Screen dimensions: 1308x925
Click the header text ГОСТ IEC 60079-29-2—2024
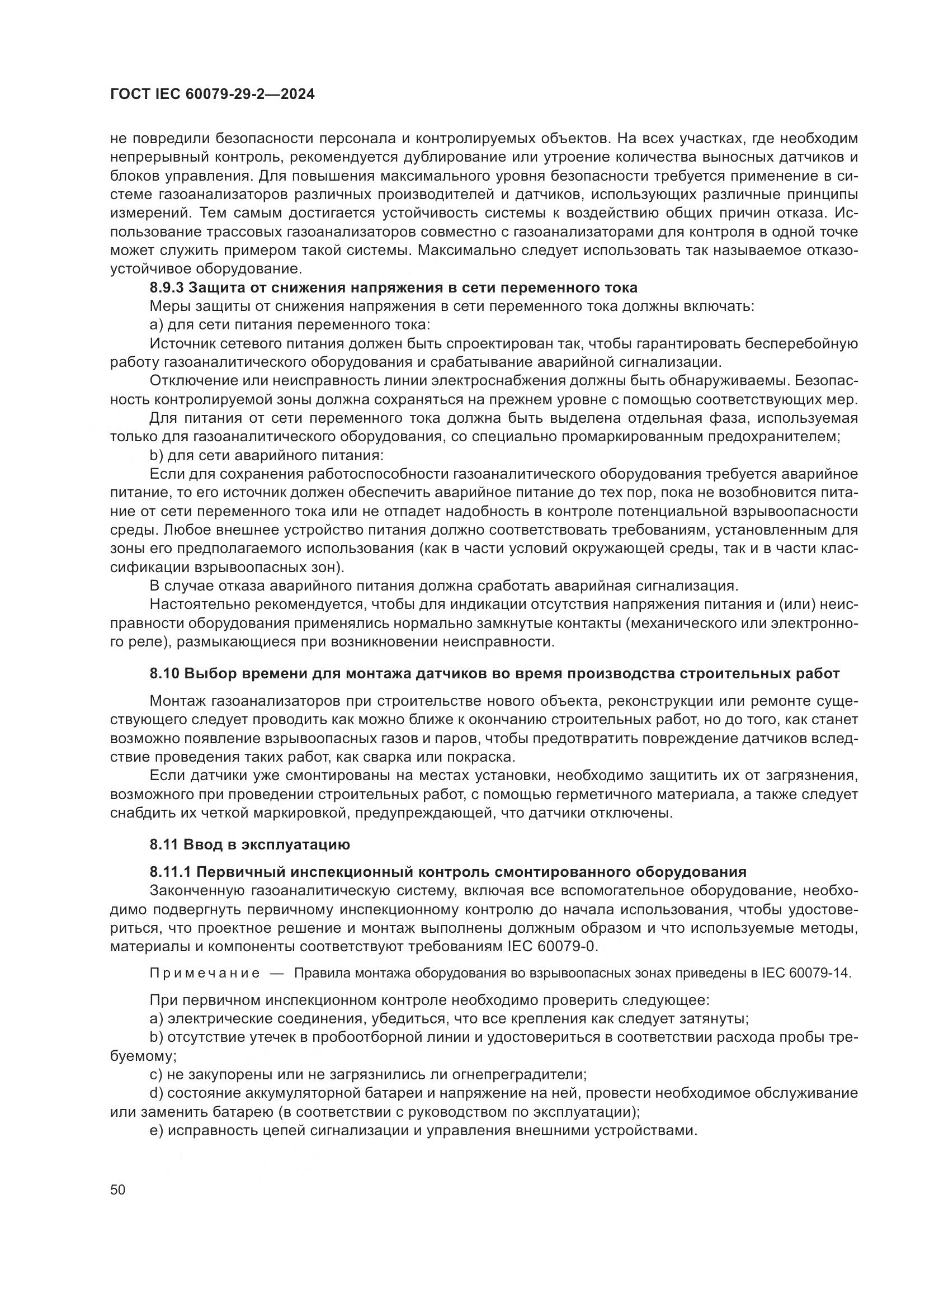212,95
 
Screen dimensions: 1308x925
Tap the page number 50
117,1189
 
